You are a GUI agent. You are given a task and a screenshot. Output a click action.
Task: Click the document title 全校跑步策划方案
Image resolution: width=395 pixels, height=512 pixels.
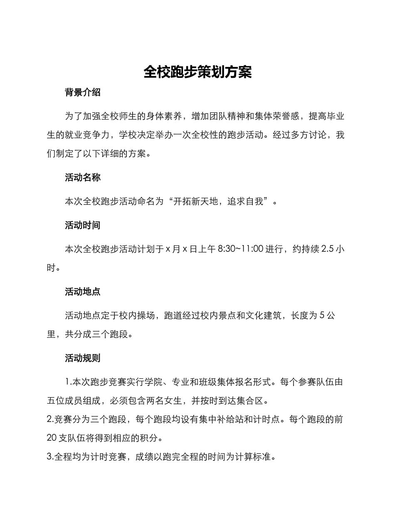pos(197,72)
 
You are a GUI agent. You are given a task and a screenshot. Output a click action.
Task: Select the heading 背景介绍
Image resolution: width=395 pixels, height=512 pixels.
pos(83,92)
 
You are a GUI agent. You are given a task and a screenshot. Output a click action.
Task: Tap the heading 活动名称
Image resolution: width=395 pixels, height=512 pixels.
pos(83,178)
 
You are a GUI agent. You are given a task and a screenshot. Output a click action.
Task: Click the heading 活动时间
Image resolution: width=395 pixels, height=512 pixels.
pos(83,226)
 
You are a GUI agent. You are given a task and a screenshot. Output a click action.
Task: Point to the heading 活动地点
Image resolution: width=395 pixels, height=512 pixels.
pos(83,292)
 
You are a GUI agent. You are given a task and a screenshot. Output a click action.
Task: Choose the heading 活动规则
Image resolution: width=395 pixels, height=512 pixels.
pos(83,358)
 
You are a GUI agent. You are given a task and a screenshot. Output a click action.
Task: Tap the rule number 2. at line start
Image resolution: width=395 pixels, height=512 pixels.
pos(50,419)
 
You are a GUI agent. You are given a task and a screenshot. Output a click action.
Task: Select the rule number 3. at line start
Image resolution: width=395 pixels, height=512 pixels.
pos(50,457)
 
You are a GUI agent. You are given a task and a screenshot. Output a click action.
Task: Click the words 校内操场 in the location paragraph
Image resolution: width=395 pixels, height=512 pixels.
pos(138,316)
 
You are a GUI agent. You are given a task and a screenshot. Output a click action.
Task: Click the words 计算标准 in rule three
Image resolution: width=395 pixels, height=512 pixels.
pos(257,457)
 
